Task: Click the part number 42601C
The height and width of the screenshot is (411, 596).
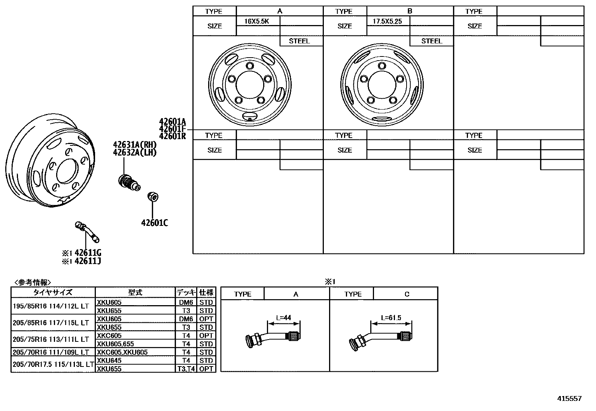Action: point(154,223)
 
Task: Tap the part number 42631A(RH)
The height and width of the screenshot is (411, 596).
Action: point(135,145)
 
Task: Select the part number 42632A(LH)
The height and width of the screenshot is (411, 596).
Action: point(135,153)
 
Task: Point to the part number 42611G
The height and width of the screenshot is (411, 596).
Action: point(88,253)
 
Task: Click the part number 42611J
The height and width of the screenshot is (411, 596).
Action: point(88,261)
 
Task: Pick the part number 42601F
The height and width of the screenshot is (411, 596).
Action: point(172,129)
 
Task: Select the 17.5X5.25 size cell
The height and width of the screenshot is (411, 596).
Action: point(387,21)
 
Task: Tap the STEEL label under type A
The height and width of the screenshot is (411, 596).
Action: point(299,41)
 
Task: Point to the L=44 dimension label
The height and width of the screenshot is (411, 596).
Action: point(283,318)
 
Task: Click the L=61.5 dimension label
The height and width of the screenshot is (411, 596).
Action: point(391,318)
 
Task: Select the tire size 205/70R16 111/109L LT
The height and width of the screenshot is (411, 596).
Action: point(51,352)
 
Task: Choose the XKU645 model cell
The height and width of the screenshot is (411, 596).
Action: point(109,361)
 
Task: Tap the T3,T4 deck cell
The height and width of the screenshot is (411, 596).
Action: point(186,369)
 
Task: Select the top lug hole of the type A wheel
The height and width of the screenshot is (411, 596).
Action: point(249,66)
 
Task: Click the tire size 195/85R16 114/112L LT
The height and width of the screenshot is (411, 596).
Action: point(51,306)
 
